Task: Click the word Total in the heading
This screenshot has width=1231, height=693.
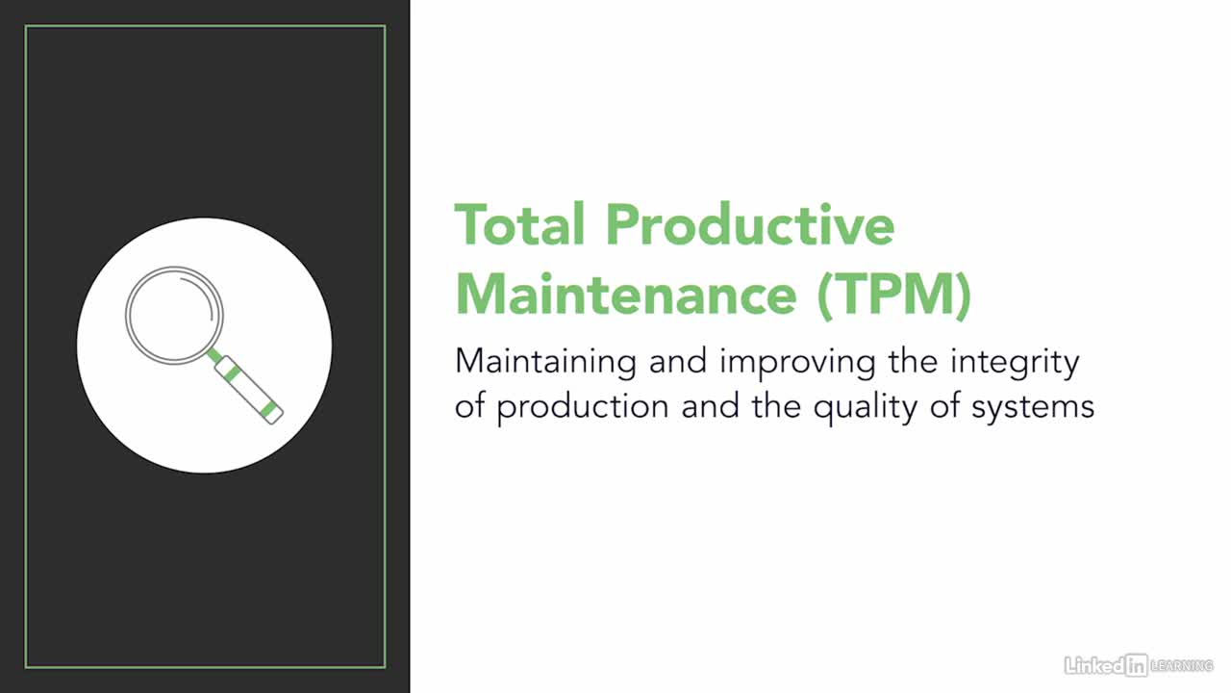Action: pos(519,224)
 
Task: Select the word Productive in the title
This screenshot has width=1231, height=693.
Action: pos(751,224)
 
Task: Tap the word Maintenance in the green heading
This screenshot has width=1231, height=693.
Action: pos(626,295)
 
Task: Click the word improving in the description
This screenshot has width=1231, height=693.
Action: pos(798,364)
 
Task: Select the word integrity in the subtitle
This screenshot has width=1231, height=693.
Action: pos(1015,364)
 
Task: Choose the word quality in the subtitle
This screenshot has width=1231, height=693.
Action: pos(866,409)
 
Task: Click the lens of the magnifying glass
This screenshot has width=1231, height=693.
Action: pos(174,315)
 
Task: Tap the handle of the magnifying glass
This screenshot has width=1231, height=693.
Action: pos(249,391)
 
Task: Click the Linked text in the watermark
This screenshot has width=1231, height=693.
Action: pos(1094,666)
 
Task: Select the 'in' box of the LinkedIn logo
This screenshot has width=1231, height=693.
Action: pos(1137,666)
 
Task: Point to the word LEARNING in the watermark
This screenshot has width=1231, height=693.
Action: pos(1182,666)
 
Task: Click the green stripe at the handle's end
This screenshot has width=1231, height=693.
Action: pos(268,410)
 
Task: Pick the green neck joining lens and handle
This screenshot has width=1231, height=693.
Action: pos(214,355)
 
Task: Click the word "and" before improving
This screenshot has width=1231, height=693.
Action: pos(678,361)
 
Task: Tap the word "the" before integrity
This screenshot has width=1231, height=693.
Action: pos(913,361)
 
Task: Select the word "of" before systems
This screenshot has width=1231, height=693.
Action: pos(944,406)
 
